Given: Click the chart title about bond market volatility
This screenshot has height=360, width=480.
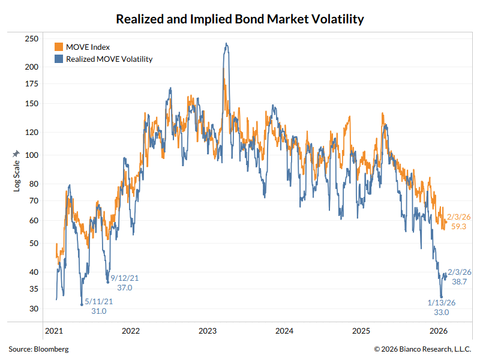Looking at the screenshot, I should coord(240,19).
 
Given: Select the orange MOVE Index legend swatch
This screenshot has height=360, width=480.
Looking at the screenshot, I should coord(59,47).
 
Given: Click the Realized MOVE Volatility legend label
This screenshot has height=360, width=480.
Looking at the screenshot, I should coord(109,59).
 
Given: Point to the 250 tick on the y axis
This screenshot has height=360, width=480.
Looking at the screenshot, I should coord(31,39).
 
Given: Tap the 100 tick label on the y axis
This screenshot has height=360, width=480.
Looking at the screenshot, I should coord(31,155).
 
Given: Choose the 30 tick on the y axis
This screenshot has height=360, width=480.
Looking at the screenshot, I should coord(34,308).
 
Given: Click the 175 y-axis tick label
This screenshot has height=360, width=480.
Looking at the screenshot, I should coord(31,84).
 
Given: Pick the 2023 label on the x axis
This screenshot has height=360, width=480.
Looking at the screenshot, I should coord(208,331).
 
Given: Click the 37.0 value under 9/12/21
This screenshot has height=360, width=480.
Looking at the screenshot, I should coord(125,288).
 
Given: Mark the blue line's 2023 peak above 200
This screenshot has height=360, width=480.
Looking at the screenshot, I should coord(226,43).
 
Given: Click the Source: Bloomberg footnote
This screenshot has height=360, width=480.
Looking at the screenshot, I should coord(38,349).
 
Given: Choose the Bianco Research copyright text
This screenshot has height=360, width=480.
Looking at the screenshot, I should coord(423,349).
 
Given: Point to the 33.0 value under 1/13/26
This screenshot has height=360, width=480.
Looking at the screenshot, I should coord(442,312).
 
